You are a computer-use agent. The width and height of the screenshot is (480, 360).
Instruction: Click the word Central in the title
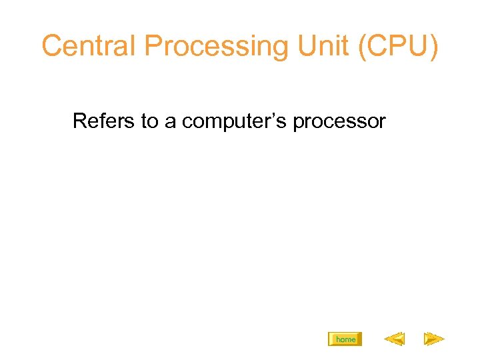89,45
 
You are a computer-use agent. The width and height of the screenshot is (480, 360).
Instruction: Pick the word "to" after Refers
149,121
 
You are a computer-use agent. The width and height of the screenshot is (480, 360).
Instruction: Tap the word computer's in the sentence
235,121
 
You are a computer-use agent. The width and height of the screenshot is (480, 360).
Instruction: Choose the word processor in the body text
339,121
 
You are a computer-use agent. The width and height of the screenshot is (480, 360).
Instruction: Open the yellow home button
345,339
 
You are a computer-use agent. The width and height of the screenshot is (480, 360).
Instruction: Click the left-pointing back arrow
395,339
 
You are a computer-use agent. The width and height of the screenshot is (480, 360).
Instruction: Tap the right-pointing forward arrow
434,339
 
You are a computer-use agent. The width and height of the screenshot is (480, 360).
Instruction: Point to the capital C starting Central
53,45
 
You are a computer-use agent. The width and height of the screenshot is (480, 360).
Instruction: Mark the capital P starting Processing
154,45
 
